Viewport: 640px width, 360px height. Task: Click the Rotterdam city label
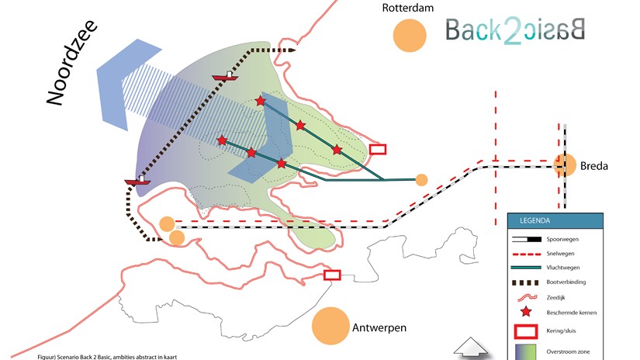408,8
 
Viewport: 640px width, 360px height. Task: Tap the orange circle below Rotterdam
410,36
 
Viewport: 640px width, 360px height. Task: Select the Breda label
594,166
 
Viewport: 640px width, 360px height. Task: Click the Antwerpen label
379,327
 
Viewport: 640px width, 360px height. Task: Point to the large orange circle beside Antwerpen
330,326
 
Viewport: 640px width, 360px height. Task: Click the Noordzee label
72,62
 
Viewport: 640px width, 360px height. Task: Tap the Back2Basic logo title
515,30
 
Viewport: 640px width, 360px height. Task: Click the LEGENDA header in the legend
534,221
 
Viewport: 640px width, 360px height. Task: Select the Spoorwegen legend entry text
562,239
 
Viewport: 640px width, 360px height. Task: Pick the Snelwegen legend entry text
560,254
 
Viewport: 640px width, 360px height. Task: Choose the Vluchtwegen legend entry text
563,268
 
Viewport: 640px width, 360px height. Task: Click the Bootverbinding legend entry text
566,282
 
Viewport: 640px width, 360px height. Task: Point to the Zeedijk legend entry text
556,298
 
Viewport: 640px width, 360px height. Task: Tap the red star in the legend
526,312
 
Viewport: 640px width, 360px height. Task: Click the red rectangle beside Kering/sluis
526,331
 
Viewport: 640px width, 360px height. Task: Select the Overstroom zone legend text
568,351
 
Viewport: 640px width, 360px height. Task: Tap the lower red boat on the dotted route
137,181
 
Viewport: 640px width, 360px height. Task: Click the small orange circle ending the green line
422,179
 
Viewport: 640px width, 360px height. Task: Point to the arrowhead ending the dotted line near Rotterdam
292,50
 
